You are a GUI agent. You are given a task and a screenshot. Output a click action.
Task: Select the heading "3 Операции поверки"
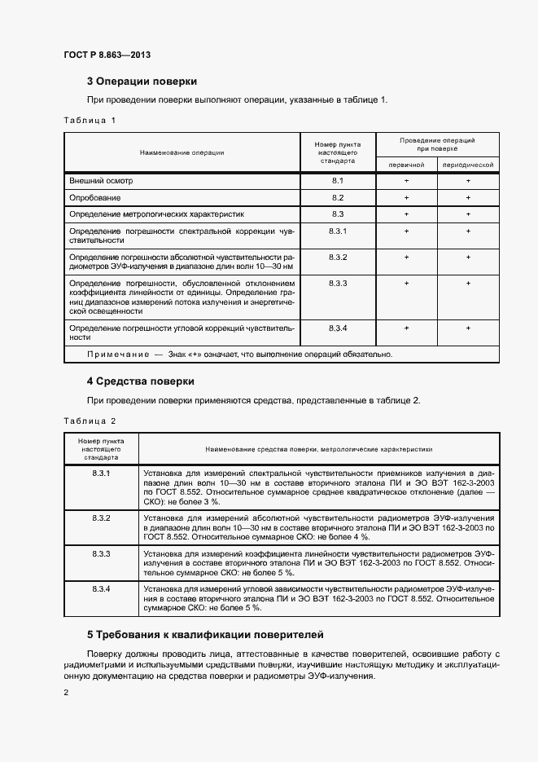(x=142, y=81)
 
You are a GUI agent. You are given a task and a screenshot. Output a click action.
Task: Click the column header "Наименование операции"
(x=182, y=152)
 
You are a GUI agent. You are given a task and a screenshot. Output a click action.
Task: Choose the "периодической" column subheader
(x=468, y=165)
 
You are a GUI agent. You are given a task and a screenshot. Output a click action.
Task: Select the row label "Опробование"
(x=95, y=198)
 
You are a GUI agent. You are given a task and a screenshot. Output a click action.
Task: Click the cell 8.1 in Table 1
(x=338, y=180)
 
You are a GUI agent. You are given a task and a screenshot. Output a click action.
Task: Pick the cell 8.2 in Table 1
(x=338, y=198)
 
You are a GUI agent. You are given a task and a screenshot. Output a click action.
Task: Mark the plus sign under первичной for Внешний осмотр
(x=406, y=180)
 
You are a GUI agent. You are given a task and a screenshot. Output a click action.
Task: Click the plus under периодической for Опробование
(x=468, y=198)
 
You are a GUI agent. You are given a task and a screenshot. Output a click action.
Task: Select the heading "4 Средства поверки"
(x=140, y=381)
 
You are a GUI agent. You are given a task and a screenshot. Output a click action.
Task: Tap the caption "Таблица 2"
(x=90, y=421)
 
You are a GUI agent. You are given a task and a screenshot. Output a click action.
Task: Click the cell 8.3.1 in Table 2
(x=101, y=473)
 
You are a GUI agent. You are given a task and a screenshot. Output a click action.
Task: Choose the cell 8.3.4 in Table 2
(x=101, y=588)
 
